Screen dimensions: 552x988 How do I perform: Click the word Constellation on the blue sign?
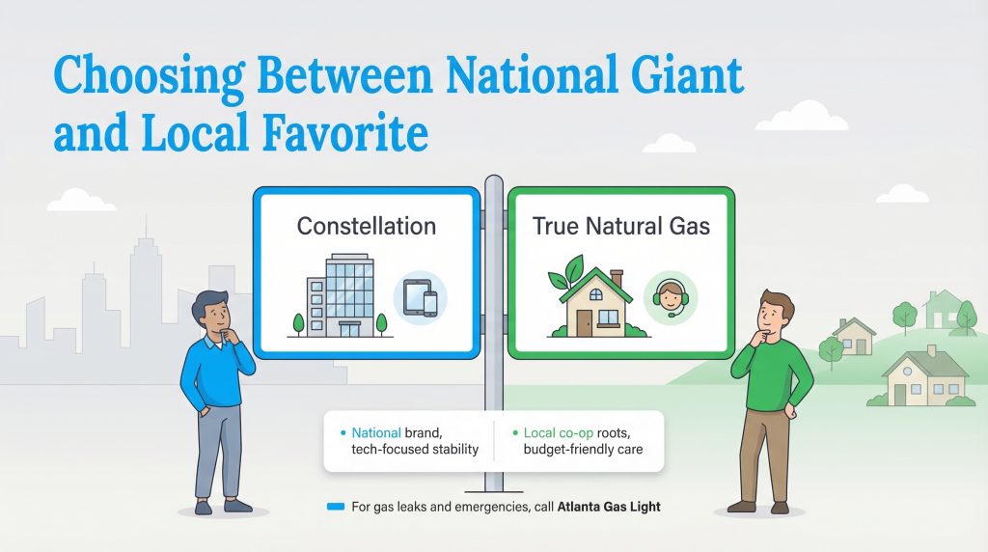pyautogui.click(x=366, y=227)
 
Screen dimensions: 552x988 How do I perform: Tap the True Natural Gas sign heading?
pyautogui.click(x=620, y=227)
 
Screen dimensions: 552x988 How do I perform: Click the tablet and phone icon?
pyautogui.click(x=419, y=297)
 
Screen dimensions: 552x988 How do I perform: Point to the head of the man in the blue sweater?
pyautogui.click(x=212, y=316)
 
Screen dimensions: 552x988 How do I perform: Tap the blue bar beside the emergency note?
pyautogui.click(x=336, y=506)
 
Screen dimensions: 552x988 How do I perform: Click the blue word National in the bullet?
pyautogui.click(x=374, y=433)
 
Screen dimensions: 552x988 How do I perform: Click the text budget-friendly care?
pyautogui.click(x=583, y=450)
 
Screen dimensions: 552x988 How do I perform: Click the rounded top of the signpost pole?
pyautogui.click(x=494, y=180)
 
